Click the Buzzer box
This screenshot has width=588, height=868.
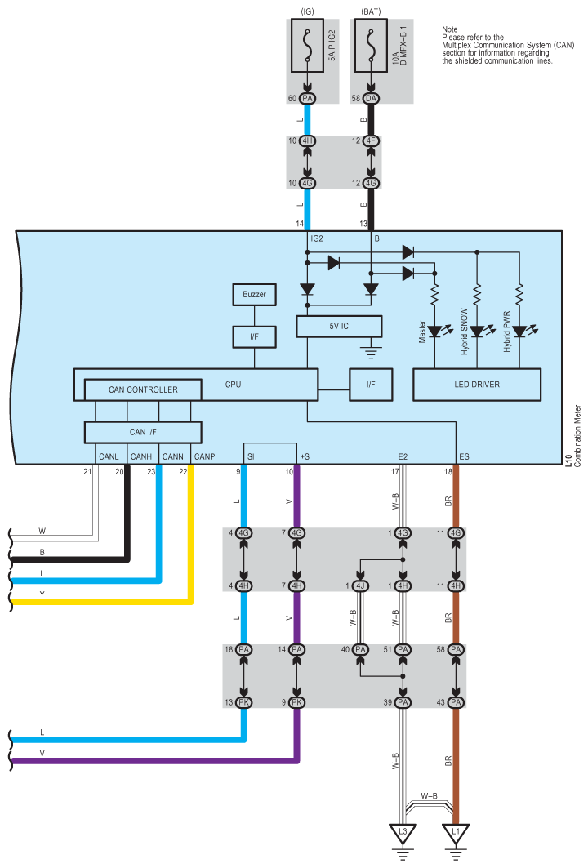pos(254,294)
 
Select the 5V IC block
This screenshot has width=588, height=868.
pos(338,327)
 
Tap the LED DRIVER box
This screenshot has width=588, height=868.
pos(478,385)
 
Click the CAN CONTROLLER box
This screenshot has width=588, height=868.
pos(143,390)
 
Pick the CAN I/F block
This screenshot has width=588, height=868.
pos(143,430)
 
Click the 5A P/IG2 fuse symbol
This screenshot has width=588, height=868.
pos(308,50)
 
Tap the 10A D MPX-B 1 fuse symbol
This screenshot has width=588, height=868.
pos(372,50)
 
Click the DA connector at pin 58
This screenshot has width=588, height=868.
pos(372,98)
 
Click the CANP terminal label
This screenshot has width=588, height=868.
pos(204,456)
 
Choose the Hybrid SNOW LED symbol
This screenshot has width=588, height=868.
pos(478,332)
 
